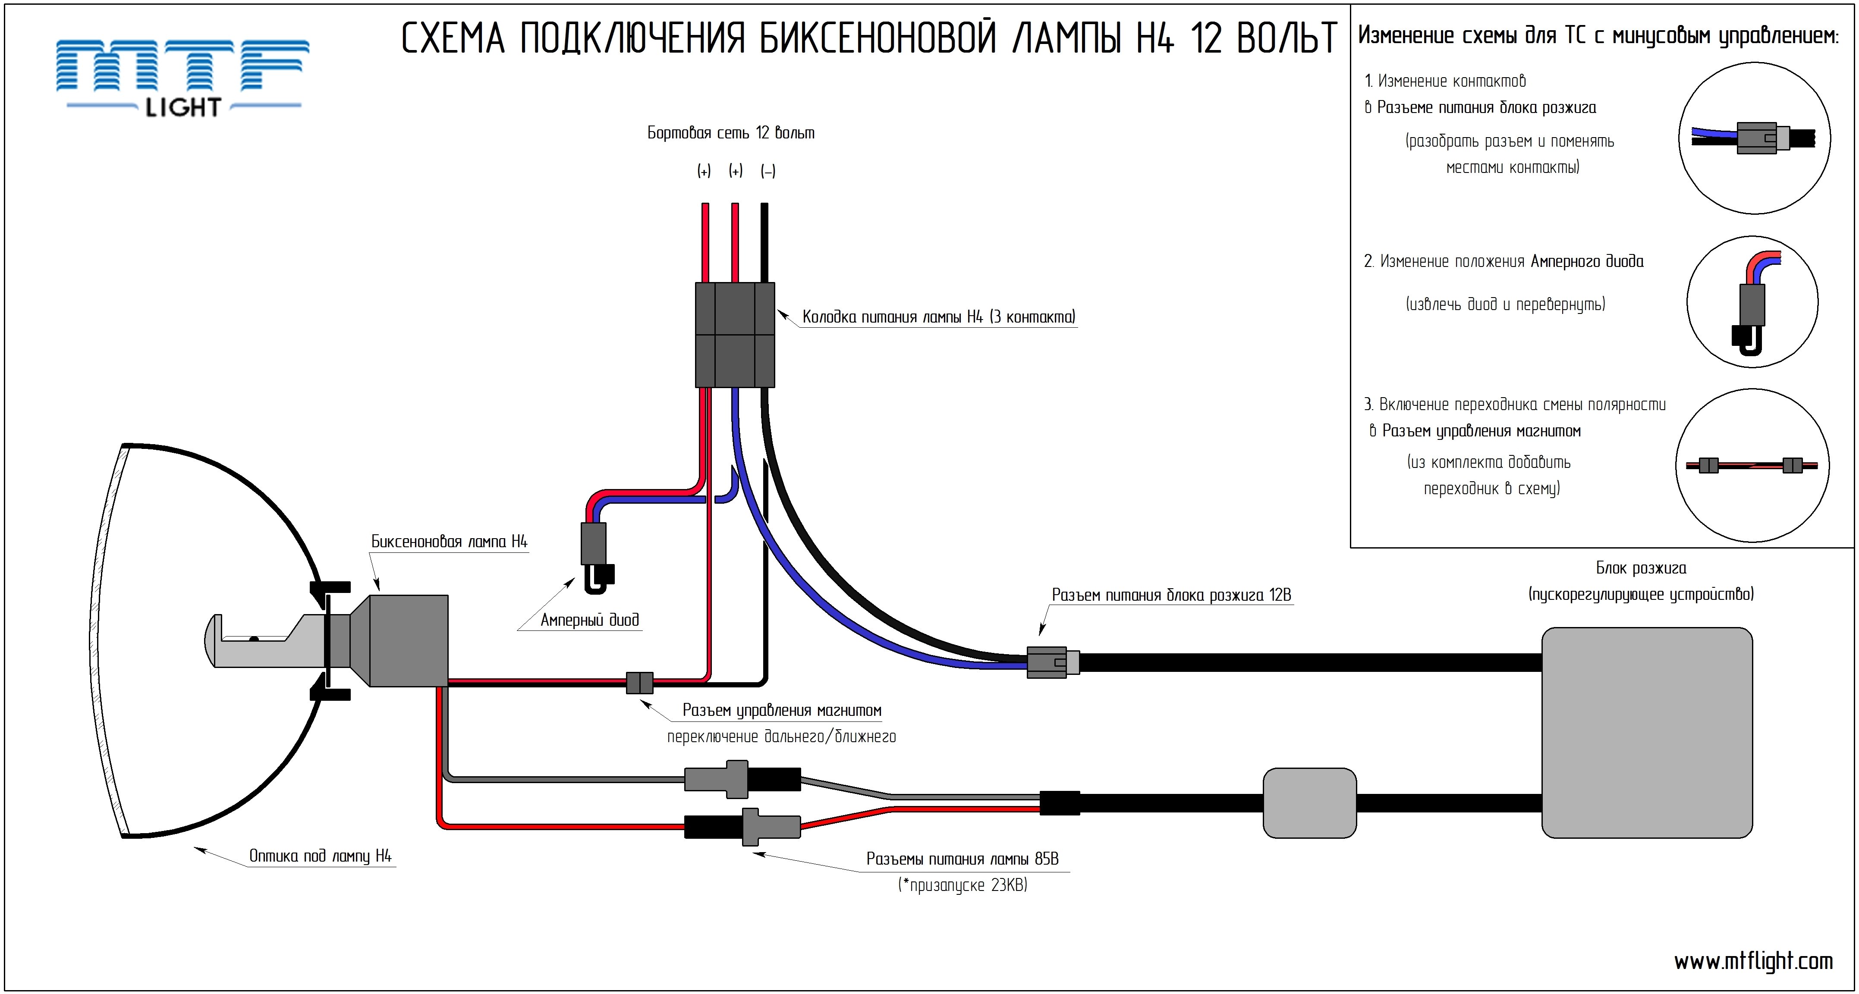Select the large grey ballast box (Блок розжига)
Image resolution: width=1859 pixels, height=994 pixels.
pos(1647,732)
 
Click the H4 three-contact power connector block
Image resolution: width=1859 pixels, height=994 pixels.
pos(735,335)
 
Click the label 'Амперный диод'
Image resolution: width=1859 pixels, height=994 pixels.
pos(590,620)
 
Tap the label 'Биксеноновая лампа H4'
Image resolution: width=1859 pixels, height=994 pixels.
pos(449,542)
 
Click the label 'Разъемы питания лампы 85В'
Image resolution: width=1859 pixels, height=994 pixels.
pos(962,859)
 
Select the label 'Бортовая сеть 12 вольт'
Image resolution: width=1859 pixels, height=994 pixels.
pos(730,133)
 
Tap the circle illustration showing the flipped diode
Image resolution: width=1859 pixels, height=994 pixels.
pos(1752,301)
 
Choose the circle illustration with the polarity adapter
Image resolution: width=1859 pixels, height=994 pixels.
pos(1752,465)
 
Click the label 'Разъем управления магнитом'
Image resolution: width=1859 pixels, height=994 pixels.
pos(782,711)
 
